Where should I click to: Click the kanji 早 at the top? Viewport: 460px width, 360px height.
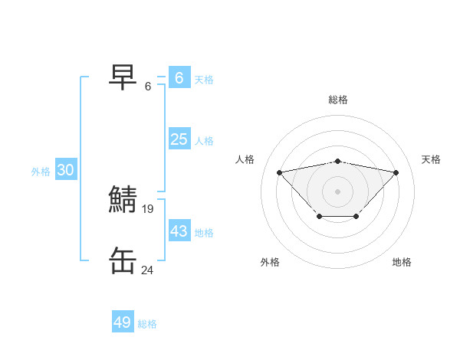coord(123,77)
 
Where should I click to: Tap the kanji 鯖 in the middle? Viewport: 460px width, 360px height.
coord(123,199)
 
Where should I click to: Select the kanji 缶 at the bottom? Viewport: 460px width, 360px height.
coord(123,260)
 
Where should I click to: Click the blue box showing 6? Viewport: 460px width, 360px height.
coord(179,78)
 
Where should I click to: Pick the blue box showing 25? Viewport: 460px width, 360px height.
coord(179,139)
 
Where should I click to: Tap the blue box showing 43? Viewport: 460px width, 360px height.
coord(179,231)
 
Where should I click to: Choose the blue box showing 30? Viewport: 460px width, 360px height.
coord(65,170)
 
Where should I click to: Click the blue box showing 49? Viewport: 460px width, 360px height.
coord(123,322)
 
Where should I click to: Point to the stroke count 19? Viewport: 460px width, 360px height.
coord(148,208)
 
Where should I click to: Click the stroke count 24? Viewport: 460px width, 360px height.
coord(148,270)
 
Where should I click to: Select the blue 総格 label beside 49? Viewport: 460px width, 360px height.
coord(147,324)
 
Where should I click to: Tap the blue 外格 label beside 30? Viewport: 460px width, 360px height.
coord(41,172)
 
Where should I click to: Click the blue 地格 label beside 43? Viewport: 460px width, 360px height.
coord(204,232)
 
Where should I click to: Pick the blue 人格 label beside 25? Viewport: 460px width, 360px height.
coord(204,141)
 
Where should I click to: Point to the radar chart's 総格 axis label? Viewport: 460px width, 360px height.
coord(338,100)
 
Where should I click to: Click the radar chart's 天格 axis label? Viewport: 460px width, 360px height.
coord(432,159)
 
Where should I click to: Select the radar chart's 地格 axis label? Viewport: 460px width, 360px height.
coord(402,262)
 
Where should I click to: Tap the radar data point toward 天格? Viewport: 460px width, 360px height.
coord(396,172)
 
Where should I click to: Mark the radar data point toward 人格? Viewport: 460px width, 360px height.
coord(279,172)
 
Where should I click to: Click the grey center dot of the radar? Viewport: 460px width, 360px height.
coord(337,191)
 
